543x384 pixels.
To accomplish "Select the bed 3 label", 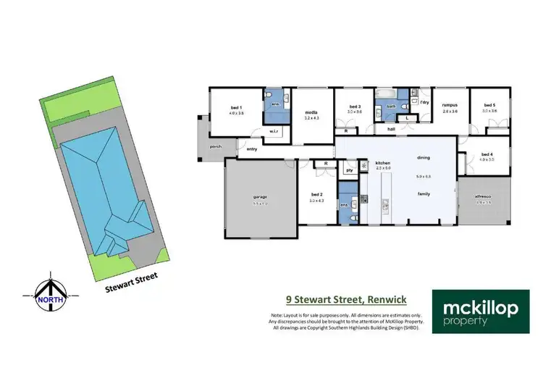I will tap(354, 106).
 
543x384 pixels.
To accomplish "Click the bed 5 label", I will tap(490, 106).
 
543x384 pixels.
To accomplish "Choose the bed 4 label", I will tap(486, 154).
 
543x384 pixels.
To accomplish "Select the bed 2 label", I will tap(316, 194).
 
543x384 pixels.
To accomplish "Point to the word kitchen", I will tap(383, 163).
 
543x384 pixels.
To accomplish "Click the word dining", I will tap(424, 157).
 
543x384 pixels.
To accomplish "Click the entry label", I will tap(252, 149).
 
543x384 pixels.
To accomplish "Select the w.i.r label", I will tap(274, 131).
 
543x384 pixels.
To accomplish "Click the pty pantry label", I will tap(349, 170).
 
